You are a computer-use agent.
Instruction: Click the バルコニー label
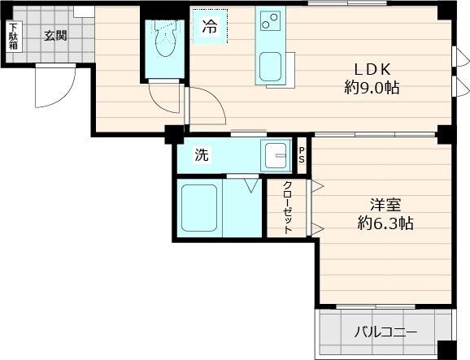pyautogui.click(x=385, y=332)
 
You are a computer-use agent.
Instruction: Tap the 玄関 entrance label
pyautogui.click(x=55, y=35)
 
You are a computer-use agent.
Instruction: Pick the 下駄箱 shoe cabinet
pyautogui.click(x=13, y=37)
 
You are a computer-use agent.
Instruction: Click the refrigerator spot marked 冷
pyautogui.click(x=210, y=26)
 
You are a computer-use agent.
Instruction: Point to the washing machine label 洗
pyautogui.click(x=201, y=155)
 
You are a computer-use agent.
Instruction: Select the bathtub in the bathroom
pyautogui.click(x=198, y=208)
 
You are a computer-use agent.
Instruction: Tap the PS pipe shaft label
pyautogui.click(x=302, y=154)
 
